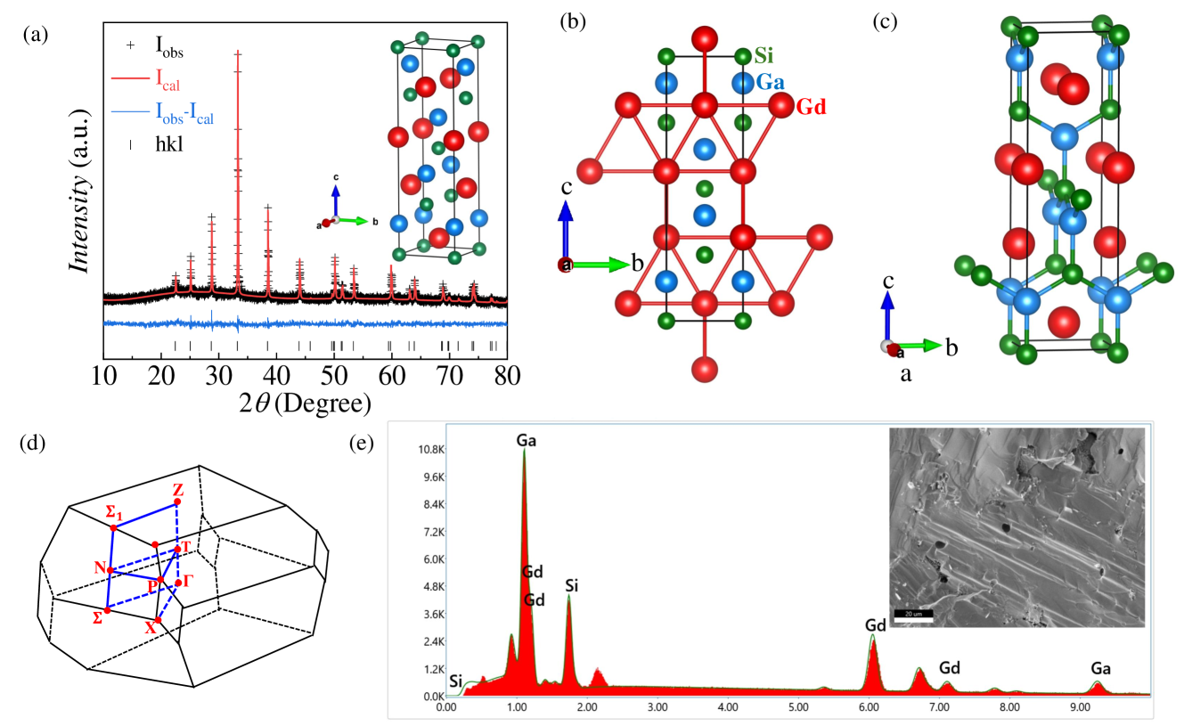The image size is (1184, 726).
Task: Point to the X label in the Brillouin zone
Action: click(x=150, y=628)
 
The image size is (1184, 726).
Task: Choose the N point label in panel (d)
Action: click(x=99, y=567)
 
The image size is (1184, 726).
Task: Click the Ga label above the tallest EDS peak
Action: click(x=527, y=440)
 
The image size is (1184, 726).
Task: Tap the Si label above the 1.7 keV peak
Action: click(x=572, y=585)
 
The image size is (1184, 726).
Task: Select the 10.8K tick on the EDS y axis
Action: click(x=426, y=450)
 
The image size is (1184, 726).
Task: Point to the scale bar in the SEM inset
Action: click(x=912, y=618)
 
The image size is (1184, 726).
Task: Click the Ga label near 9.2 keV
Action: click(x=1100, y=667)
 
